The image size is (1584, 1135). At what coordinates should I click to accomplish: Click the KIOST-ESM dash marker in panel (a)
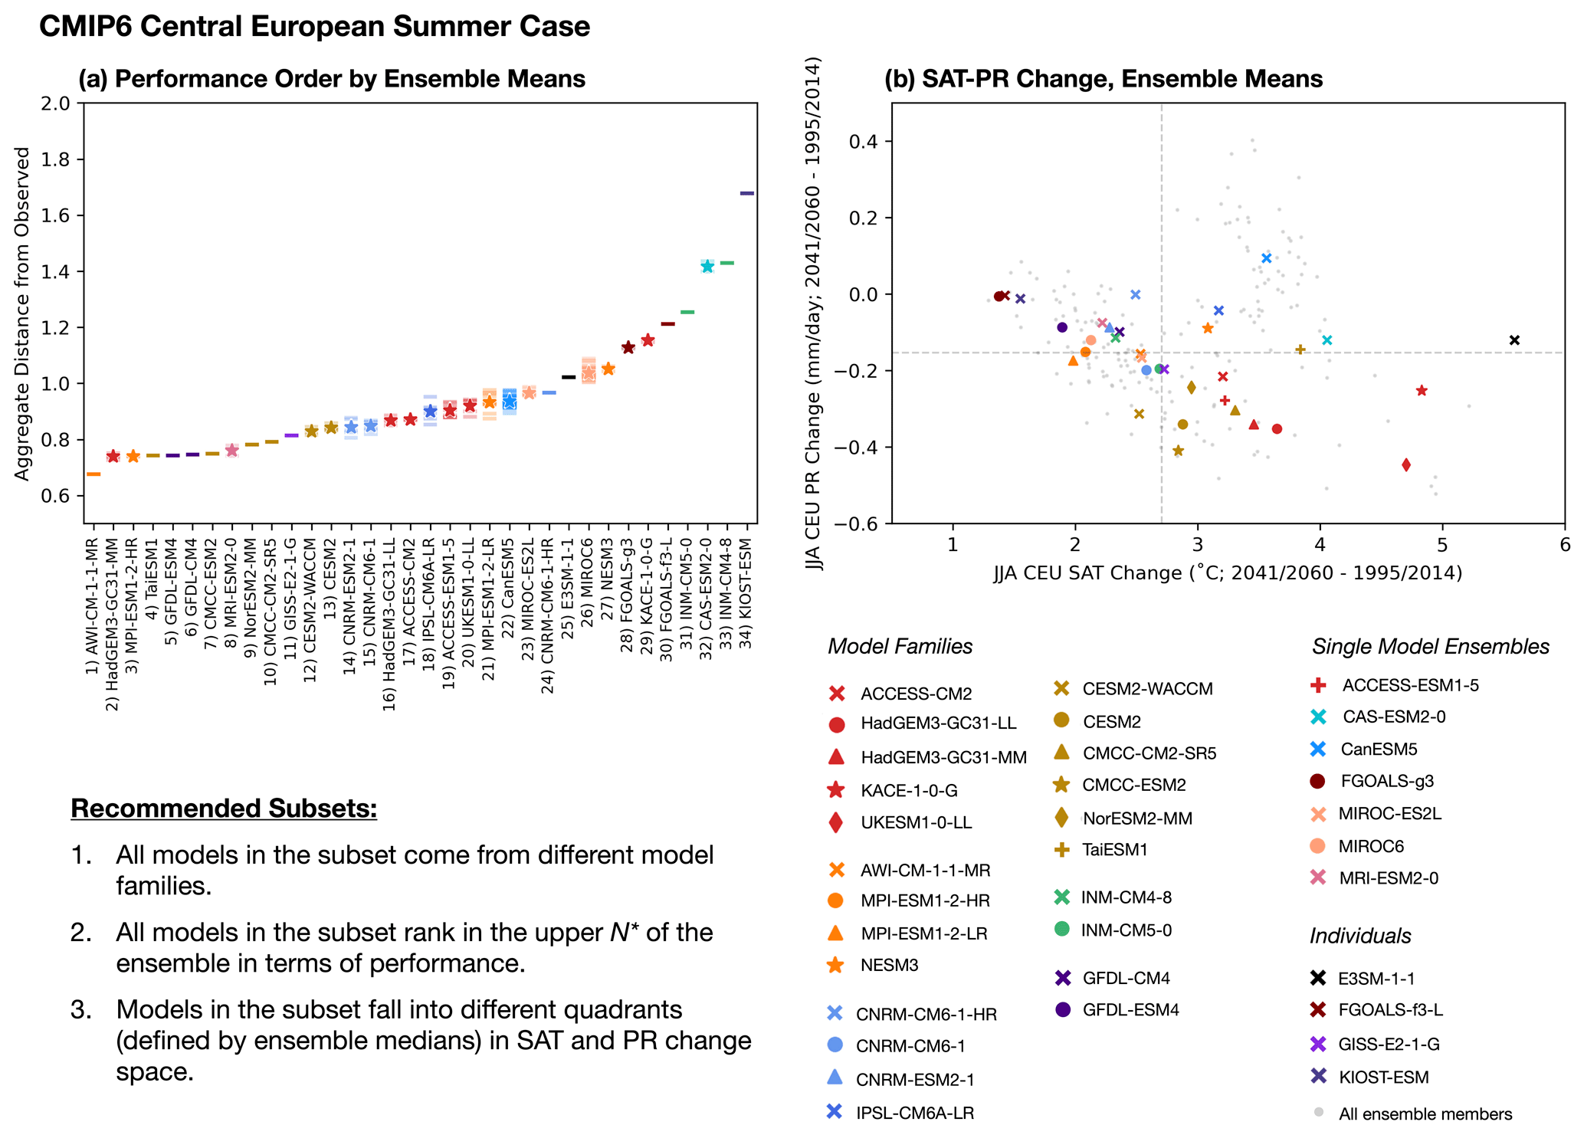pyautogui.click(x=746, y=193)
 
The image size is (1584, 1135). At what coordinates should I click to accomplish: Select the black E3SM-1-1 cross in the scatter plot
pyautogui.click(x=1514, y=340)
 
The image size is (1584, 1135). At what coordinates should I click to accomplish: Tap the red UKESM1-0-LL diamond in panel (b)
pyautogui.click(x=1406, y=464)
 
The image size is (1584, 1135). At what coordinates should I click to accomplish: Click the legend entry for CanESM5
pyautogui.click(x=1378, y=750)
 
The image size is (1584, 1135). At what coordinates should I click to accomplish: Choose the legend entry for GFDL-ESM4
pyautogui.click(x=1130, y=1010)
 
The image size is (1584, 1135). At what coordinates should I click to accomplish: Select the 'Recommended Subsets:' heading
pyautogui.click(x=224, y=809)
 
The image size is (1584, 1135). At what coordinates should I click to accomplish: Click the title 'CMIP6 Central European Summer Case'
pyautogui.click(x=314, y=27)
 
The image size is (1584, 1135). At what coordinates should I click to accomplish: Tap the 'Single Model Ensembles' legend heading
pyautogui.click(x=1430, y=647)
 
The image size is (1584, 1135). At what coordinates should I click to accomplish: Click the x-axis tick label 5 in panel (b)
pyautogui.click(x=1442, y=545)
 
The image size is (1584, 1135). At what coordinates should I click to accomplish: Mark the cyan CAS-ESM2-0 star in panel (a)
pyautogui.click(x=707, y=266)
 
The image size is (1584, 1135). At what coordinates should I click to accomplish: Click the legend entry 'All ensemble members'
pyautogui.click(x=1425, y=1114)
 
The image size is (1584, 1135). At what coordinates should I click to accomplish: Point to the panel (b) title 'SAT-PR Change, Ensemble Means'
pyautogui.click(x=1104, y=79)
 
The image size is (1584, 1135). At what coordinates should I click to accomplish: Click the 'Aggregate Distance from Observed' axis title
pyautogui.click(x=22, y=313)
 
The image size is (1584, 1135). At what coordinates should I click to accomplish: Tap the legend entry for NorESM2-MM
pyautogui.click(x=1137, y=818)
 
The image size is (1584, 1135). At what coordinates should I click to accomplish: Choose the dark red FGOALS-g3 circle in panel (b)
pyautogui.click(x=999, y=297)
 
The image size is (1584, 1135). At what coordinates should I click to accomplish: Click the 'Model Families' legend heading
pyautogui.click(x=900, y=647)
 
